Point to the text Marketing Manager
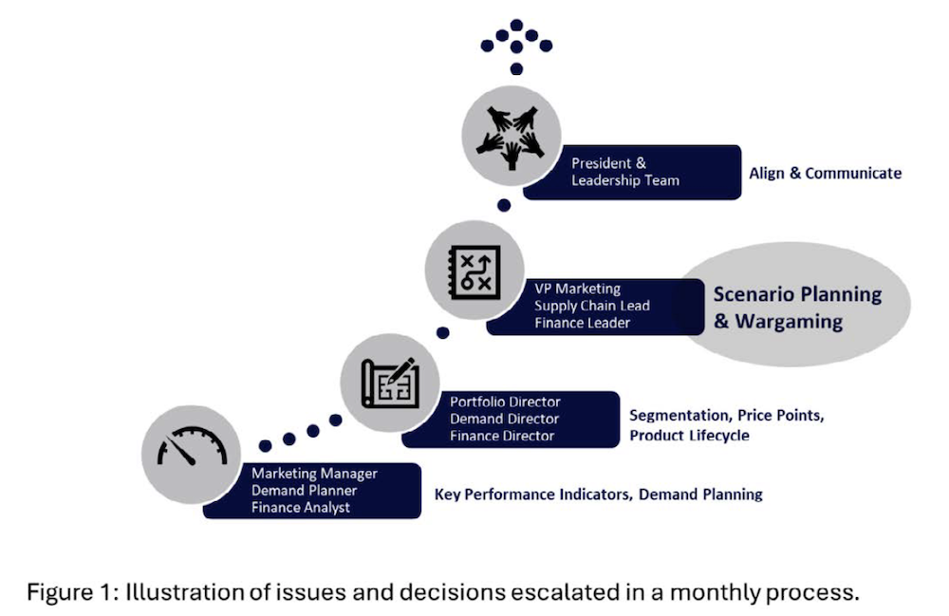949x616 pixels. (x=314, y=474)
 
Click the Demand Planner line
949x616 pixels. (x=305, y=491)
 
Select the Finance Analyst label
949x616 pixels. (x=301, y=508)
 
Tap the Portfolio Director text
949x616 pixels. (x=505, y=401)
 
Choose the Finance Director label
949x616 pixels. (x=502, y=436)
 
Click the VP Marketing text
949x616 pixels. (x=577, y=289)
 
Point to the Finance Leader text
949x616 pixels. (x=582, y=323)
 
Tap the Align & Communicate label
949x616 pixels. (x=825, y=174)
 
